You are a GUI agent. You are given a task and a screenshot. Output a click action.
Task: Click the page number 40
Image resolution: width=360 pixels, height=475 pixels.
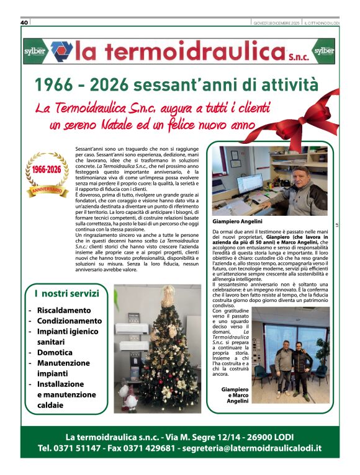point(25,23)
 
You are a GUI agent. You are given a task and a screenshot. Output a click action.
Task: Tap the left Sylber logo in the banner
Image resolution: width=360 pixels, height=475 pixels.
point(35,51)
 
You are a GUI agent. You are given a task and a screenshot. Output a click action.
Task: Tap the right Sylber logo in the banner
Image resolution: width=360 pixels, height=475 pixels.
point(324,51)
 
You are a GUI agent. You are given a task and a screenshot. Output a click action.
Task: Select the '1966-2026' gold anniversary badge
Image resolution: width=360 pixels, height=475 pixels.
point(47,174)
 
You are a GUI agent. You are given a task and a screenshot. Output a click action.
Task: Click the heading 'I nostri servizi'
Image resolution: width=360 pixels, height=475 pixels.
point(66,293)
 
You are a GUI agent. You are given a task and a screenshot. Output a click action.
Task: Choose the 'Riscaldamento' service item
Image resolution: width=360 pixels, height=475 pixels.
point(63,310)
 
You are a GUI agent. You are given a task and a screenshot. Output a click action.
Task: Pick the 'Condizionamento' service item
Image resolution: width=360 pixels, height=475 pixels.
point(69,321)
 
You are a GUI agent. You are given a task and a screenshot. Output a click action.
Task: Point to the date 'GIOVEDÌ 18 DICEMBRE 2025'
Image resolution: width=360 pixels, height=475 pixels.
point(276,23)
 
